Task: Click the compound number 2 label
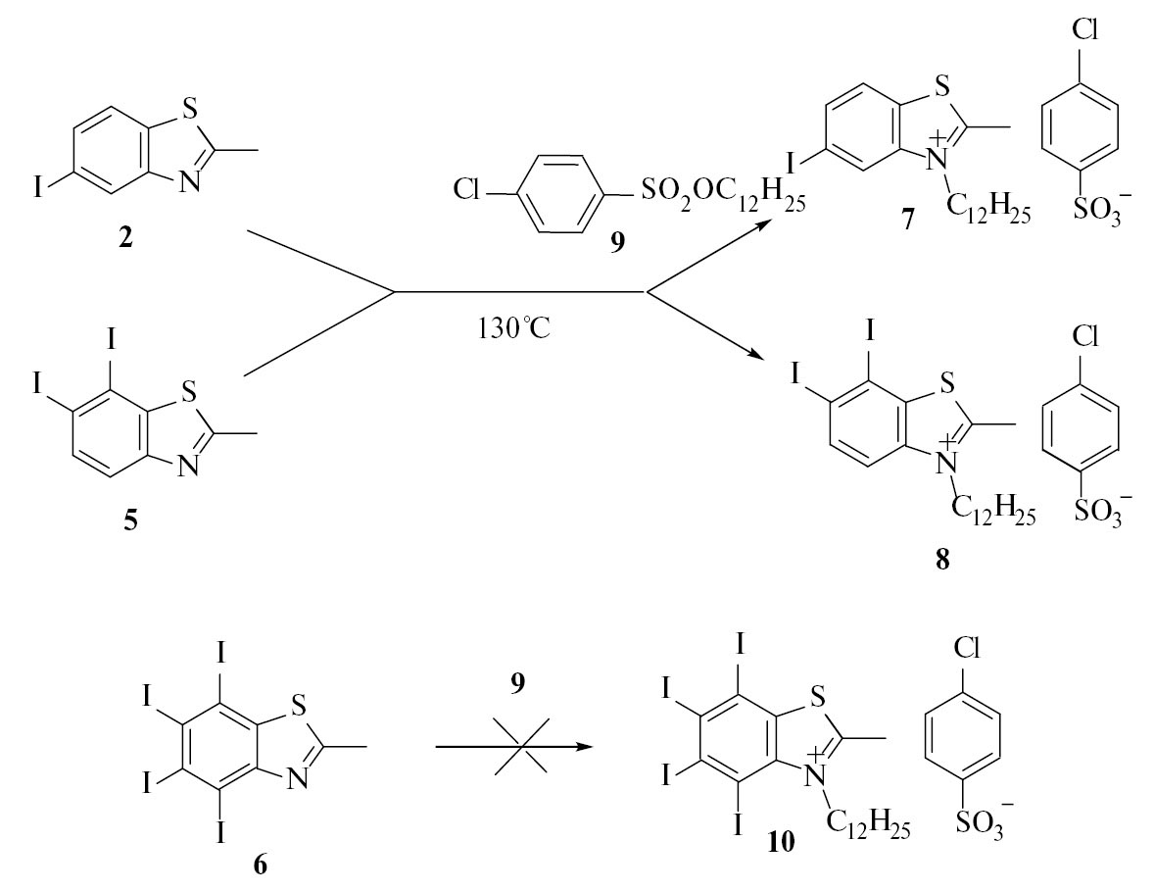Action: click(x=125, y=238)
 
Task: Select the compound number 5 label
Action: click(x=130, y=521)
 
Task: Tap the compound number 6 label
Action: click(x=260, y=865)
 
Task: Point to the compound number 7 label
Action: click(x=907, y=220)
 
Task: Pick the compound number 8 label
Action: click(x=942, y=561)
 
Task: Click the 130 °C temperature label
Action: click(x=513, y=327)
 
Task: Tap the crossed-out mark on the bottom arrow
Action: click(x=521, y=747)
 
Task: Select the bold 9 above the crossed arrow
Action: click(x=518, y=683)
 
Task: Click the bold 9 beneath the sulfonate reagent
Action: click(x=617, y=241)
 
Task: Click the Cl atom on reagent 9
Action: click(x=467, y=190)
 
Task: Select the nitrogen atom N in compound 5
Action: click(x=190, y=466)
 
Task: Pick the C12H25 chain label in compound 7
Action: click(x=988, y=209)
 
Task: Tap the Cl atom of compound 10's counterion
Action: click(x=966, y=648)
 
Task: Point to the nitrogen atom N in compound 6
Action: click(x=298, y=778)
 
